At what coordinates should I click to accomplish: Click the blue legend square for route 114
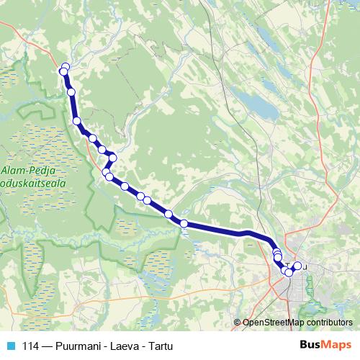[x=10, y=345]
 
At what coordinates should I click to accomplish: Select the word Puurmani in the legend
[x=80, y=345]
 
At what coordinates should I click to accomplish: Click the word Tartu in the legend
[x=160, y=345]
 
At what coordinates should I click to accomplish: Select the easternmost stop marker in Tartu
[x=297, y=266]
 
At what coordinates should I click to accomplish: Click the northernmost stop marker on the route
[x=66, y=67]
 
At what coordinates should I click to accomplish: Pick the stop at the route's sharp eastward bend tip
[x=112, y=158]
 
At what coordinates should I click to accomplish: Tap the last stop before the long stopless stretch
[x=184, y=224]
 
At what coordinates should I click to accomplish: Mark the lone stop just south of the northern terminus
[x=71, y=92]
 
